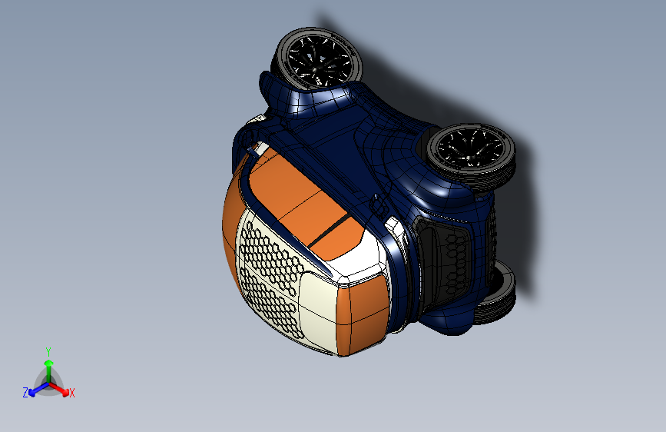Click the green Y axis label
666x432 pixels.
pos(48,351)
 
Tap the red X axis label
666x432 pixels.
pos(72,393)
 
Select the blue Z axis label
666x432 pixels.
pos(25,392)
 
